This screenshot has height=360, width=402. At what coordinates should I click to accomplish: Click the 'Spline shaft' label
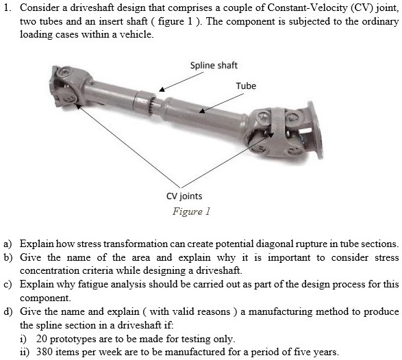click(x=214, y=66)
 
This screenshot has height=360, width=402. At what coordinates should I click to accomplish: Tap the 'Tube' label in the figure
click(x=246, y=86)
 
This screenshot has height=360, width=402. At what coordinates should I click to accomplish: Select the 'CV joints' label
click(x=184, y=196)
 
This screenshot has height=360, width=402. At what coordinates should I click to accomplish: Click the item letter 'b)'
click(x=8, y=257)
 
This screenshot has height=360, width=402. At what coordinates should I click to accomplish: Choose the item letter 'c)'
click(x=8, y=285)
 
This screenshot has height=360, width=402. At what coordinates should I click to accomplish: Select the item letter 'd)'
click(x=8, y=312)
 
